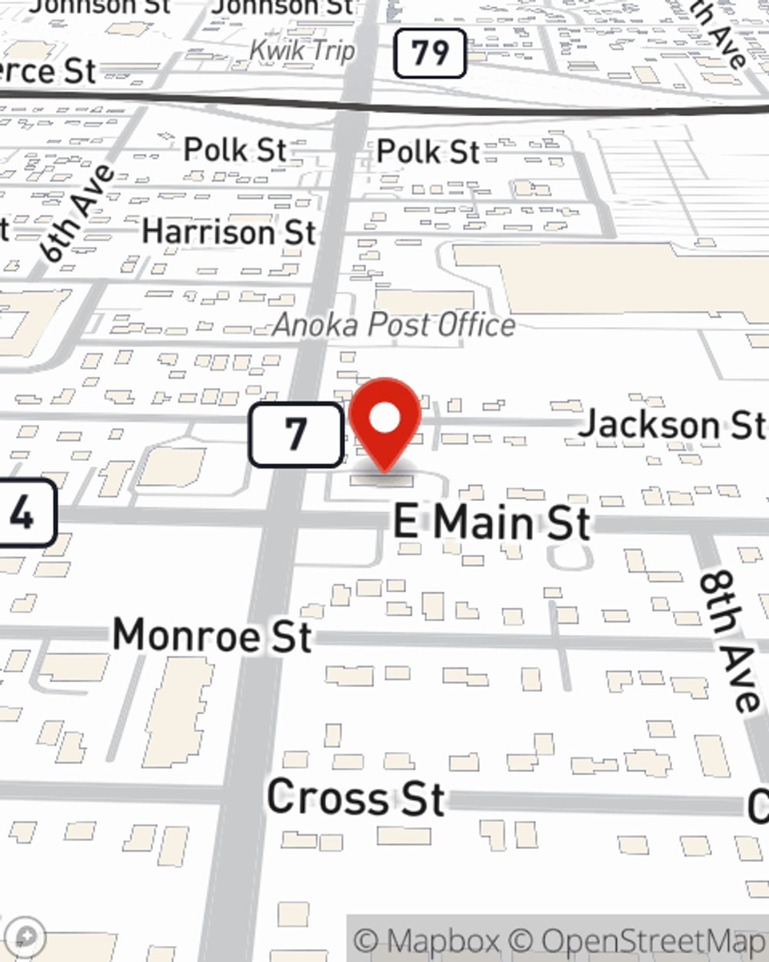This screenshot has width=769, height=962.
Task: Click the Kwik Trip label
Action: (302, 51)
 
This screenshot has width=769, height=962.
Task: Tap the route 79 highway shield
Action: (430, 53)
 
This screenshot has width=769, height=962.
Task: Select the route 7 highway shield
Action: (296, 434)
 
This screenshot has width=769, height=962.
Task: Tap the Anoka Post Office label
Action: (394, 325)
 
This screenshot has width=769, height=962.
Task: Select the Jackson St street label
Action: (671, 424)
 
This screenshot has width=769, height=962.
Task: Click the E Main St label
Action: (491, 523)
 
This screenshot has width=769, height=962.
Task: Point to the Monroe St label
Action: (212, 636)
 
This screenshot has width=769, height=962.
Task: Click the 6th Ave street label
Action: (78, 212)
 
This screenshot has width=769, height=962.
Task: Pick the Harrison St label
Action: (229, 232)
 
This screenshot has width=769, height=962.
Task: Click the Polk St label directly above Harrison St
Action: (235, 149)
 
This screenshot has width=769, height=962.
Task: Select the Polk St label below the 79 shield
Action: (428, 152)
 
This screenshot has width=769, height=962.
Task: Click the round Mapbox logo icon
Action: (25, 937)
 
